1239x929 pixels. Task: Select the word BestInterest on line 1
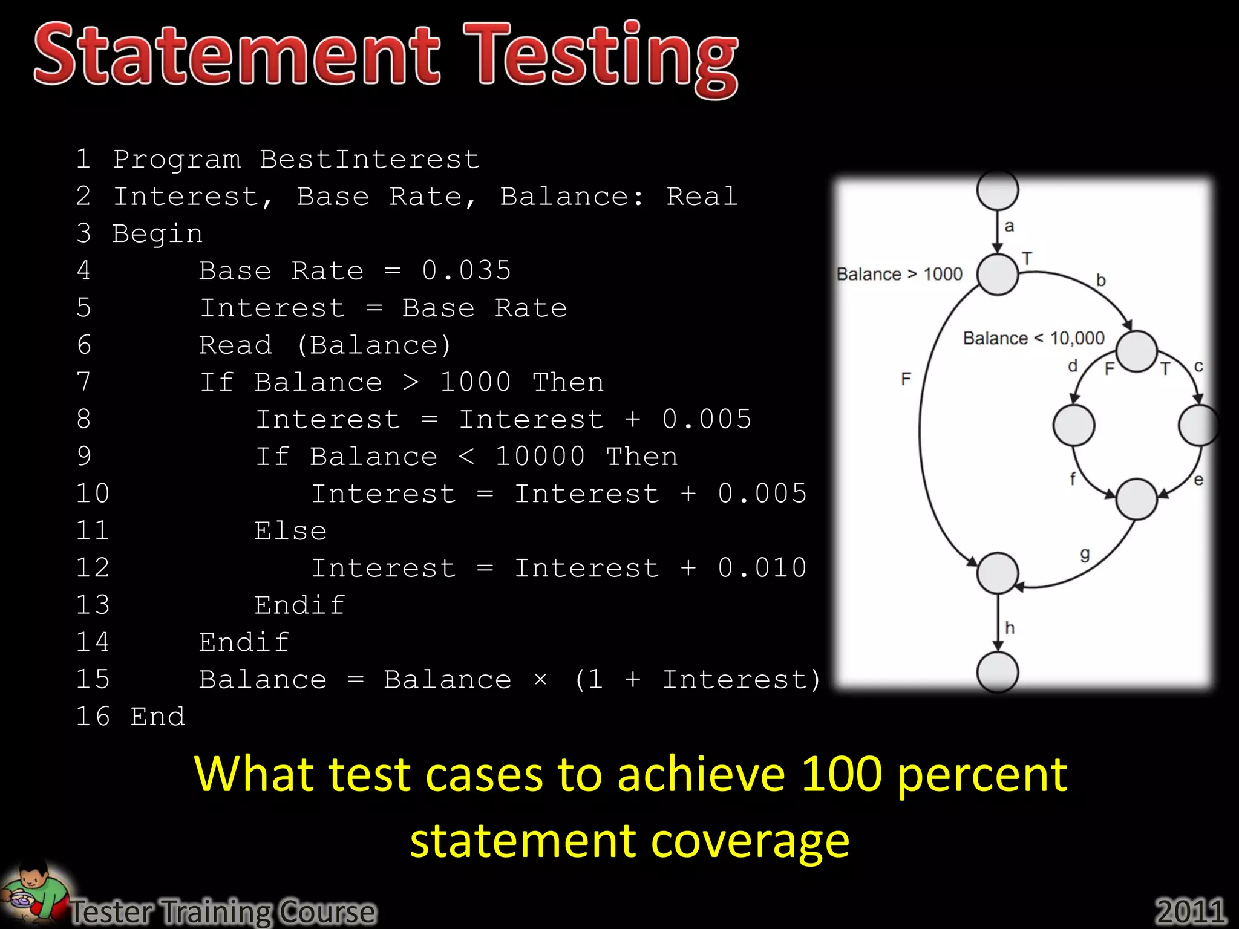(369, 160)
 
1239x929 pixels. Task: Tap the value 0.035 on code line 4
(466, 270)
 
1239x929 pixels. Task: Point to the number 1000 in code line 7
(476, 382)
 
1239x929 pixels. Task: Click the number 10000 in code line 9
(540, 457)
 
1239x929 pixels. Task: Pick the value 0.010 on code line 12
(762, 568)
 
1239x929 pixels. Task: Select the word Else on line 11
(290, 531)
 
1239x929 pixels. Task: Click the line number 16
(93, 717)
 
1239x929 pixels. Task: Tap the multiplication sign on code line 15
(540, 680)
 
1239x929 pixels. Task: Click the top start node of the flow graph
(998, 190)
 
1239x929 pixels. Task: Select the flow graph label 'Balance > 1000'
(899, 275)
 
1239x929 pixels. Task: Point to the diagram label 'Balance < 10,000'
(1033, 338)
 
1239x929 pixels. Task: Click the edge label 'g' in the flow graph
(1085, 555)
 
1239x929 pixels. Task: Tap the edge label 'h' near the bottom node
(1009, 628)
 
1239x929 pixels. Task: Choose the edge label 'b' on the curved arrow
(1100, 281)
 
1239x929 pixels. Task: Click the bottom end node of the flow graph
(998, 672)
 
